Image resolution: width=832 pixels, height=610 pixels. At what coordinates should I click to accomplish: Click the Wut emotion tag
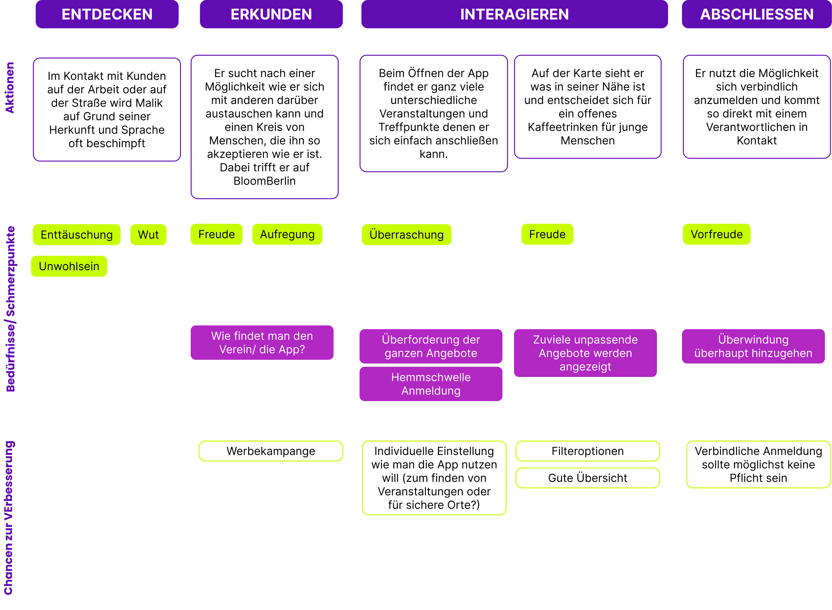click(x=148, y=235)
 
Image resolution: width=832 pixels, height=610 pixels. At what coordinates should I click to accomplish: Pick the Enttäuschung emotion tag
click(x=77, y=235)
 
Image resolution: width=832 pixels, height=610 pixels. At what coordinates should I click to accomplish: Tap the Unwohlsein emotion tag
click(x=69, y=266)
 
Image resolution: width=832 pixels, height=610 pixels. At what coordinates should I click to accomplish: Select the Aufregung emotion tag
click(x=287, y=234)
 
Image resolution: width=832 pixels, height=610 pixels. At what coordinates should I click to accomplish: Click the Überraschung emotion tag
click(x=407, y=235)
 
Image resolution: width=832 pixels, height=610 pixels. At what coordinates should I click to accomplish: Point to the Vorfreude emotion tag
click(x=717, y=234)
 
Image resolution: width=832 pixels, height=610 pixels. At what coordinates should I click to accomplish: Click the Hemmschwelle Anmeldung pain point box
click(x=431, y=384)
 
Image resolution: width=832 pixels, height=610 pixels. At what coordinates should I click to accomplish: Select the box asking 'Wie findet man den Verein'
click(x=262, y=343)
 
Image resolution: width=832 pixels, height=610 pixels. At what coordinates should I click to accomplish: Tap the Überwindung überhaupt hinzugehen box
click(x=753, y=346)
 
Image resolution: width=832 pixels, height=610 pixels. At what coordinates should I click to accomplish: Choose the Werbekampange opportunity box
click(x=271, y=451)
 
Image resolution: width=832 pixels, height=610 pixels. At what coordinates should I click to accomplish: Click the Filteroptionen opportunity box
click(x=587, y=451)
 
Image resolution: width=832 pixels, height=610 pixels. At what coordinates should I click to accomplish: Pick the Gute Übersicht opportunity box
click(x=587, y=478)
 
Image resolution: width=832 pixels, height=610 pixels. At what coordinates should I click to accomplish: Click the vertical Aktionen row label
click(x=10, y=88)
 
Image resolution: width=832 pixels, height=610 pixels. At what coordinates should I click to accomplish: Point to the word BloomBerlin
click(x=264, y=181)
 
